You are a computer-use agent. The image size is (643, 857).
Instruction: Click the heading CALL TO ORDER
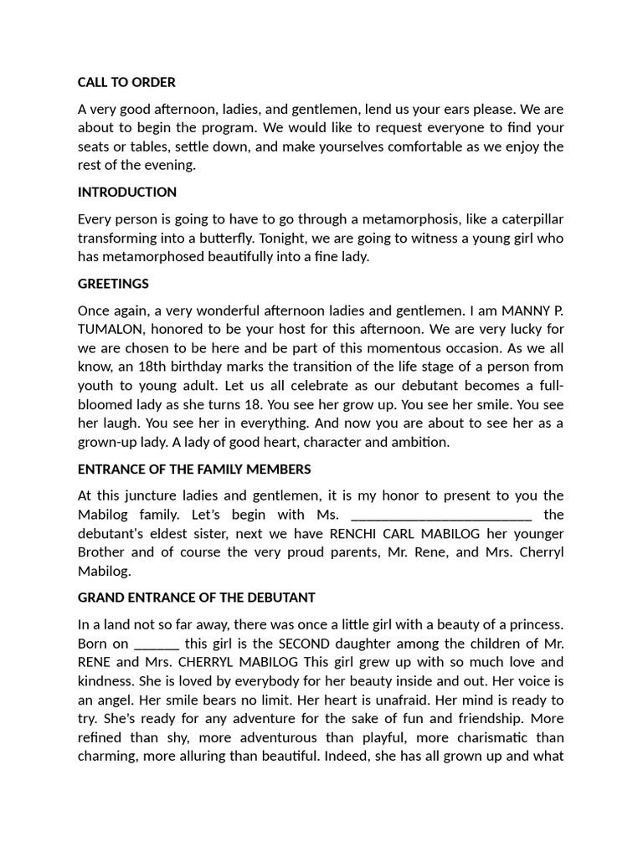(x=126, y=82)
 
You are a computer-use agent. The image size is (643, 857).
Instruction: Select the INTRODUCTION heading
(x=127, y=192)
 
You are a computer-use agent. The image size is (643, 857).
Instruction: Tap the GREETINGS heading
(x=113, y=284)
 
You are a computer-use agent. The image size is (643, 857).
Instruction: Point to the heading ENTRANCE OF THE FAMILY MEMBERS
(x=194, y=469)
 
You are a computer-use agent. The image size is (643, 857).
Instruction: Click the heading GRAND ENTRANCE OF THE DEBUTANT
(x=197, y=598)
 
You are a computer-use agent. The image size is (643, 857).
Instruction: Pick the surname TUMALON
(x=111, y=330)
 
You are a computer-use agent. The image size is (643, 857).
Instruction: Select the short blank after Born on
(x=157, y=644)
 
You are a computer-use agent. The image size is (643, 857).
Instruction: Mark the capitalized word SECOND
(x=307, y=644)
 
